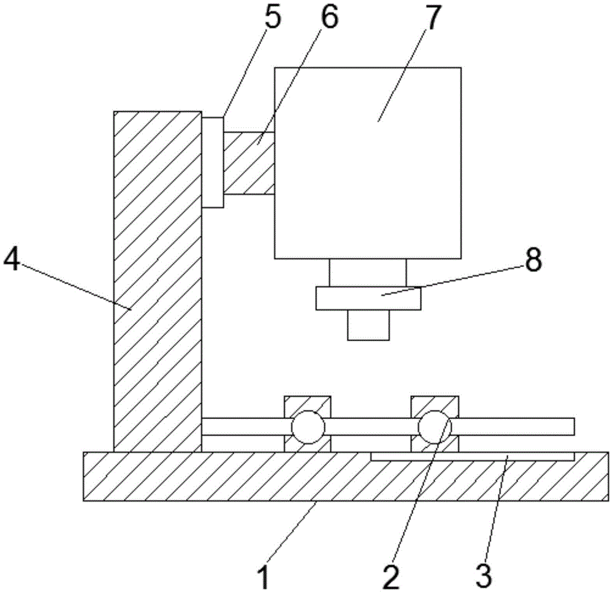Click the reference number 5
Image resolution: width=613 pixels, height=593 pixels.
270,20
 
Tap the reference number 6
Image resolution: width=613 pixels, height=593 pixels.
329,20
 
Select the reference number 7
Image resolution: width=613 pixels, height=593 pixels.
433,20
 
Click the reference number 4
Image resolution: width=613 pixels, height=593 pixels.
12,261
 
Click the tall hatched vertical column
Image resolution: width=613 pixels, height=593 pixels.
158,282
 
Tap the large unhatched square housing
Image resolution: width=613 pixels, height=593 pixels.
367,162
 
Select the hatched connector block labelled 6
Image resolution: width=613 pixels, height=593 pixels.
248,164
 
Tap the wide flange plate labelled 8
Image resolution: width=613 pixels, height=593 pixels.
368,299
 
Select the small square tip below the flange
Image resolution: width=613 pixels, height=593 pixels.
368,325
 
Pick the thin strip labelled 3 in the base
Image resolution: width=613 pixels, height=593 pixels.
472,456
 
